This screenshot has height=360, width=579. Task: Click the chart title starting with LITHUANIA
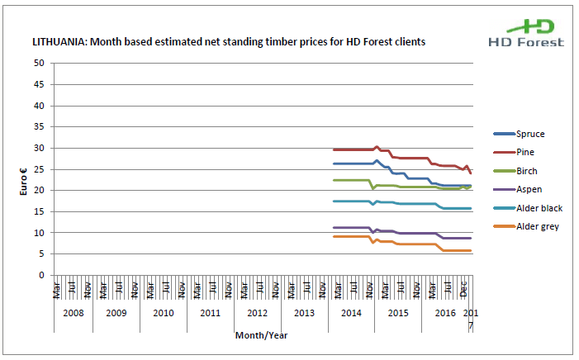coord(228,40)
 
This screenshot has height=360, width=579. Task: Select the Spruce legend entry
coord(529,134)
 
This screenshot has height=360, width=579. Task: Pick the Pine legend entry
coord(525,152)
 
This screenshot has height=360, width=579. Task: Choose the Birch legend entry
coord(527,171)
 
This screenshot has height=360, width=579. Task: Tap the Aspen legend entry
coord(529,189)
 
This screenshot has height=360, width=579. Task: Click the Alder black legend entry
coord(539,208)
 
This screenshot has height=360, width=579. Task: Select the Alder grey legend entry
coord(537,226)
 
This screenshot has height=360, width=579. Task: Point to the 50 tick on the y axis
coord(39,64)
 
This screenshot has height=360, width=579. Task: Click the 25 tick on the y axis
coord(39,169)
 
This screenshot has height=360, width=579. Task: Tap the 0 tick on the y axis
coord(41,275)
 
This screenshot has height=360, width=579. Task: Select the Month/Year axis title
coord(261,335)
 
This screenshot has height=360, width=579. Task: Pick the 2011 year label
coord(210,314)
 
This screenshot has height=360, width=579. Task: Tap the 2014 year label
coord(351,314)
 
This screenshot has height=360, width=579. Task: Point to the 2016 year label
coord(445,314)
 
